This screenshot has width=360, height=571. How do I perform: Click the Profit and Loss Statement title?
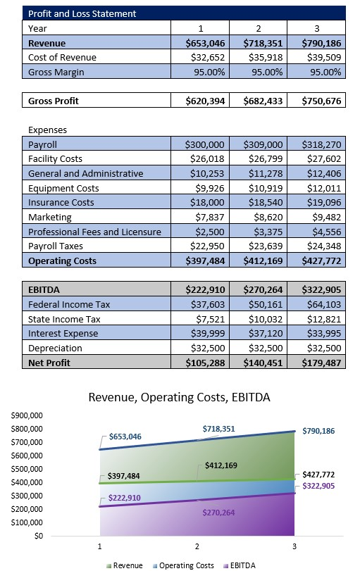click(82, 13)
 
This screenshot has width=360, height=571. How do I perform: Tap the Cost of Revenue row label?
click(62, 57)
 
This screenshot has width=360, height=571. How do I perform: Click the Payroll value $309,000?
click(262, 144)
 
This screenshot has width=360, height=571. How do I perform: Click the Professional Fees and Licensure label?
click(94, 232)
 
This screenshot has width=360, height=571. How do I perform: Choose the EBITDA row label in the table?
click(44, 289)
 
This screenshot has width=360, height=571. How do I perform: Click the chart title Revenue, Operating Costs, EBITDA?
click(179, 398)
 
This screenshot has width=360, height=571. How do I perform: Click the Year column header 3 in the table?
click(316, 29)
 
